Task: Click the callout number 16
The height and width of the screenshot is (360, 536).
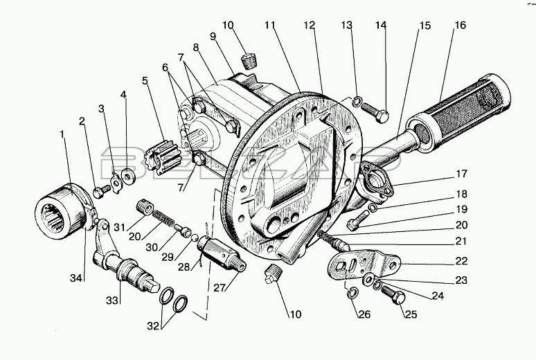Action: pos(461,25)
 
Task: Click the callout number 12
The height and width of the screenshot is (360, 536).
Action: pos(309,25)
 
